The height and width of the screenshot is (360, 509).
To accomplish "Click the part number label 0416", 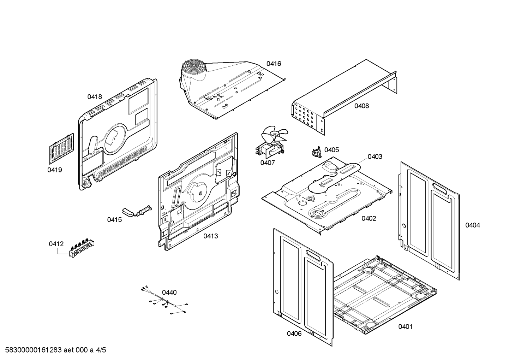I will tap(274, 64).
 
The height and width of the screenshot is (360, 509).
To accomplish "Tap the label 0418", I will tap(95, 96).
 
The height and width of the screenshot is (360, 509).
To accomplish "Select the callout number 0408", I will tap(361, 106).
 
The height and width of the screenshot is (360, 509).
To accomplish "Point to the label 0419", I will tap(55, 170).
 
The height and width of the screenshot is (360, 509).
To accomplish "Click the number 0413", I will tap(210, 236).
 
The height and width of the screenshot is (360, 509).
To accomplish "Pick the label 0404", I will tap(472, 225).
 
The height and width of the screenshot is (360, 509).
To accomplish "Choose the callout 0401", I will tap(405, 326).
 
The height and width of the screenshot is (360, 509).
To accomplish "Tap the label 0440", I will tap(169, 292).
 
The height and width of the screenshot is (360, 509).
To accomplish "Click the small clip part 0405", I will tap(315, 152).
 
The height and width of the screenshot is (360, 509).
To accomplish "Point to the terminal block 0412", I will tap(82, 247).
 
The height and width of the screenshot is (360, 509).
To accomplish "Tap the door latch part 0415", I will tap(137, 211).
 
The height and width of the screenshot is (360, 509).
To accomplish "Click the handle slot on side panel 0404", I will tap(441, 188).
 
